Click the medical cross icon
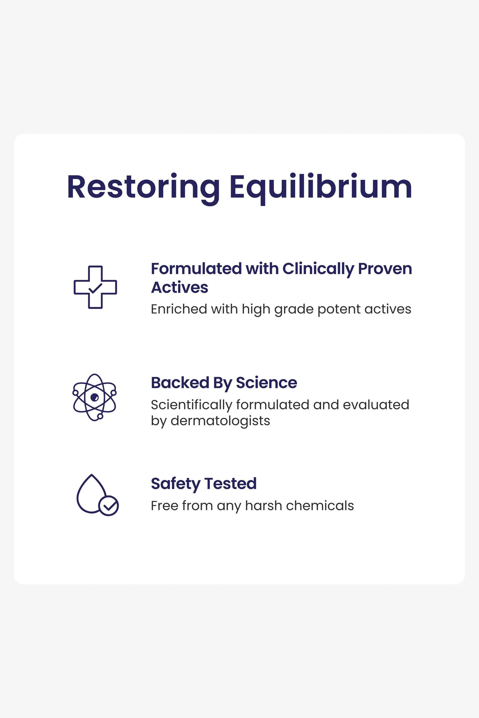point(95,287)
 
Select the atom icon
point(95,397)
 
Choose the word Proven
point(385,269)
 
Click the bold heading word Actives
point(180,288)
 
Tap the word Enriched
point(179,309)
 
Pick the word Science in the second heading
point(266,382)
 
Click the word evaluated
point(376,405)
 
